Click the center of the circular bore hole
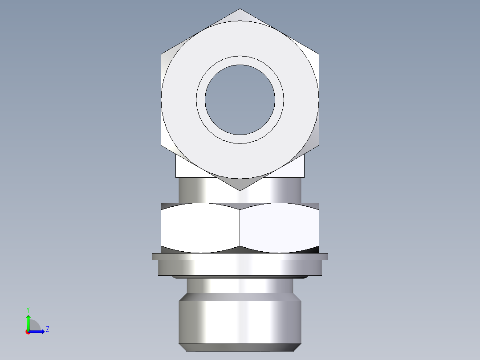tap(240, 100)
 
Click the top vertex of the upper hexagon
tap(240, 9)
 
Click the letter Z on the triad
tap(47, 329)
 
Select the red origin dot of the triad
tap(28, 332)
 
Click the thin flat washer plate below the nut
tap(240, 257)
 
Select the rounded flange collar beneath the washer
tap(240, 268)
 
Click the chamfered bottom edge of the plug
tap(240, 348)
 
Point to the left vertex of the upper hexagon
tap(161, 54)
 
